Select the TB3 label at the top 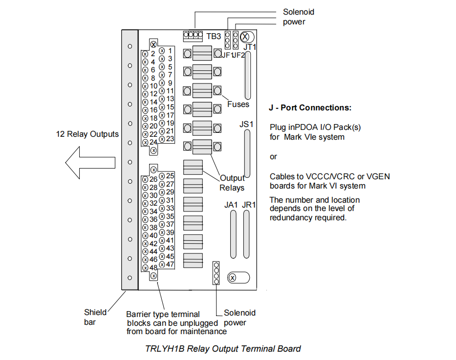pos(214,36)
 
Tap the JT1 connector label pos(250,47)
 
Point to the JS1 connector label pos(246,125)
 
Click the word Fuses pos(238,104)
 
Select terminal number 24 pos(153,142)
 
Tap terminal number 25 pos(170,176)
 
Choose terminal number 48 pos(153,267)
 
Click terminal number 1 pos(170,50)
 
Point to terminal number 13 pos(170,99)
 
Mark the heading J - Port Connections pos(310,108)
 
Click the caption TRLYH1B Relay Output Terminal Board pos(223,349)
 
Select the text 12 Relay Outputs pos(87,134)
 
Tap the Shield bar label pos(95,317)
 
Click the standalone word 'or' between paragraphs pos(273,157)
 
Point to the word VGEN pos(377,176)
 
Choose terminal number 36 pos(153,219)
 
